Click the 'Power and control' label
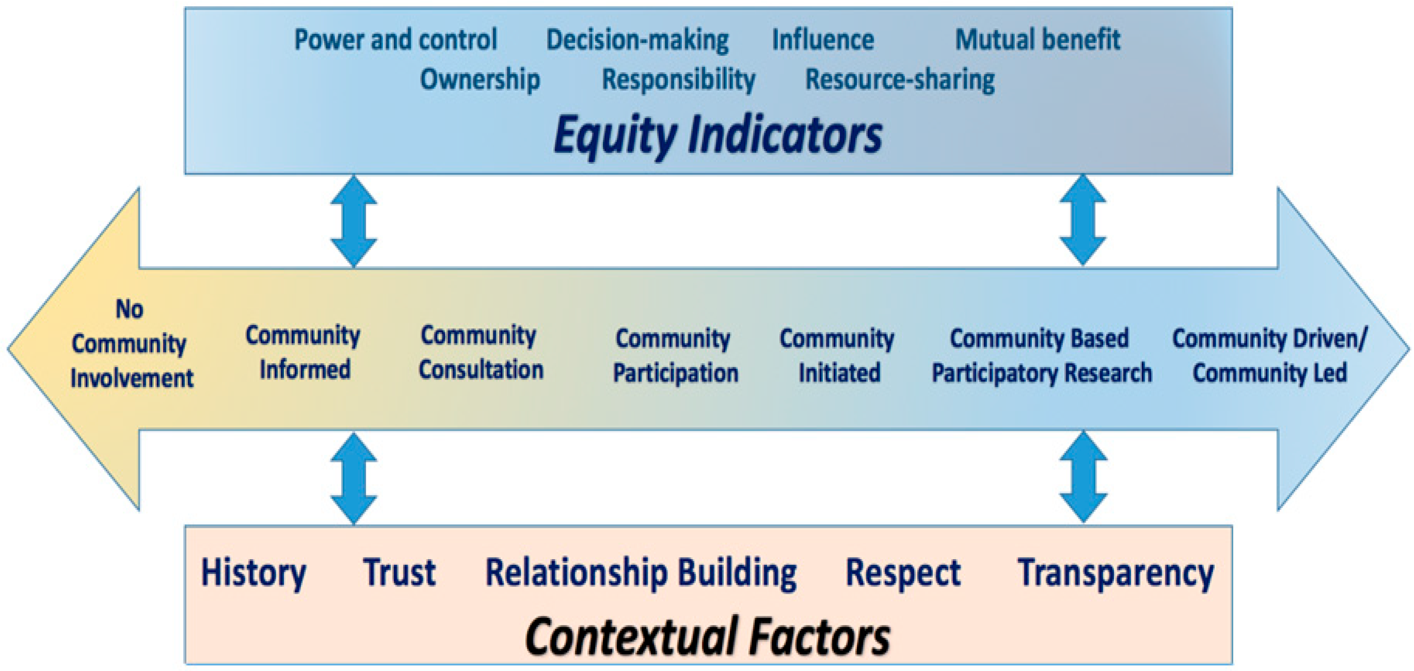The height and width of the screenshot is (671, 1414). [x=395, y=39]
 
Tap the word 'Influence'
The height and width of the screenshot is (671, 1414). [x=823, y=39]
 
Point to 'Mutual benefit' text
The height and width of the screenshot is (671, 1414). [x=1037, y=39]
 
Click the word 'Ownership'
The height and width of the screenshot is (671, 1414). [x=480, y=80]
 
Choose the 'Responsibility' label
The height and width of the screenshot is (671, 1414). [x=679, y=80]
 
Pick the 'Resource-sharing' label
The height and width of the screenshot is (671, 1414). [x=900, y=80]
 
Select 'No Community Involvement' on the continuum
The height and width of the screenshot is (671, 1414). [x=132, y=344]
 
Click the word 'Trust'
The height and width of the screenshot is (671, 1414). [x=399, y=573]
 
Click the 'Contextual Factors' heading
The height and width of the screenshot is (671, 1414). [x=707, y=636]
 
